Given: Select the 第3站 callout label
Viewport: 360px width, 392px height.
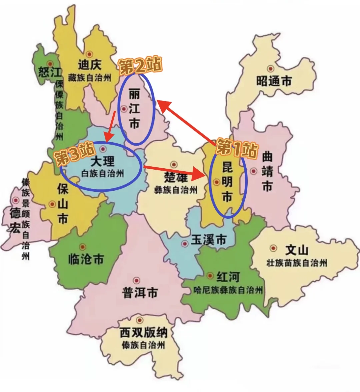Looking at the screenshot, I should (75, 154).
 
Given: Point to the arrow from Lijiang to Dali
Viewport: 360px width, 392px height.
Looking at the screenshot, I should (110, 126).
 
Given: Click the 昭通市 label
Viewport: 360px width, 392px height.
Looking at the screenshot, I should (274, 81).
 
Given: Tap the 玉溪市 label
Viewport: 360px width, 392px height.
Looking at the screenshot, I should (209, 240).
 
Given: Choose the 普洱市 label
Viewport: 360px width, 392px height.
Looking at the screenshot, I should (140, 293).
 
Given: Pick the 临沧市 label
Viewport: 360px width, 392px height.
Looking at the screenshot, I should (86, 259).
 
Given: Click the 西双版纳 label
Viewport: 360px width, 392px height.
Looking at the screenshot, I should (143, 332).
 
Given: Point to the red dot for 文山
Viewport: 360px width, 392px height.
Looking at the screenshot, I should (274, 248).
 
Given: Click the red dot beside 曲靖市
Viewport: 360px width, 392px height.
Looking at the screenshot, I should (254, 171).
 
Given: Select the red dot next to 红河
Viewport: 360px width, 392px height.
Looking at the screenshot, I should (210, 275).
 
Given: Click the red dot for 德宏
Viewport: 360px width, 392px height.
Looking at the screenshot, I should (15, 200).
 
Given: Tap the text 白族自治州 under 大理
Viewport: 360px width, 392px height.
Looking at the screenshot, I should (103, 173).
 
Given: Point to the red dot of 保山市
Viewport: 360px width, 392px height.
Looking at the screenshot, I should (52, 204).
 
